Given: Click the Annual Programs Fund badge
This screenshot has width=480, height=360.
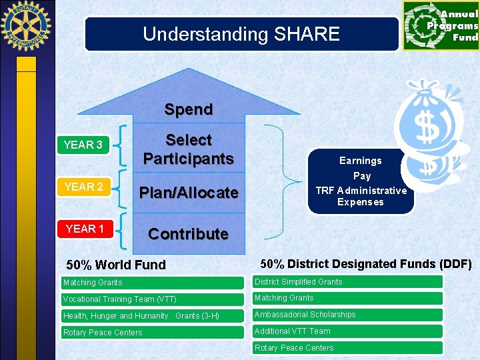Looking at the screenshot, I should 441,25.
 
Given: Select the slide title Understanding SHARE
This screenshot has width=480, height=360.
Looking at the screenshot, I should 241,34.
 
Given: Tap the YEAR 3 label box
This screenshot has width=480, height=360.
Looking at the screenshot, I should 83,145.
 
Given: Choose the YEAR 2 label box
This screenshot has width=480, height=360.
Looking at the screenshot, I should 83,187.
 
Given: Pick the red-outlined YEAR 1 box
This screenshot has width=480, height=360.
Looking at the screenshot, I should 84,229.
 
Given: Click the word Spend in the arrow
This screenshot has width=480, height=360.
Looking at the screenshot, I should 189,109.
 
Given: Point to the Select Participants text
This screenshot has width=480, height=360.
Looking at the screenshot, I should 189,149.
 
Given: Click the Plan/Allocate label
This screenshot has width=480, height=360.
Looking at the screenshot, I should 189,193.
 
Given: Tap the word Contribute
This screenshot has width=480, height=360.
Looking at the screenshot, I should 188,234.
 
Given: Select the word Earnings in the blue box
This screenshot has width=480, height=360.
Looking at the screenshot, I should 360,161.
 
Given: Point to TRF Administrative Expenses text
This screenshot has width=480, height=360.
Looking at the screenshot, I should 361,196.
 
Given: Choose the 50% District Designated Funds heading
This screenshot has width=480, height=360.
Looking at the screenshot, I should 365,264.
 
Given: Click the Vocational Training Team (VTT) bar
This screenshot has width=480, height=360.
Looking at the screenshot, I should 152,299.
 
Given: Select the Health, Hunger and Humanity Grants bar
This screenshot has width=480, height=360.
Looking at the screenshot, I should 152,316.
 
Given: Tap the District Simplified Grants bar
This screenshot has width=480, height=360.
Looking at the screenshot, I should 347,282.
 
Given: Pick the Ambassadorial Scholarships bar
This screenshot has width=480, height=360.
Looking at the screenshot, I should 347,315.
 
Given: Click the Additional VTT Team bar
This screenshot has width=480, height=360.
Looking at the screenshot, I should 347,331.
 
